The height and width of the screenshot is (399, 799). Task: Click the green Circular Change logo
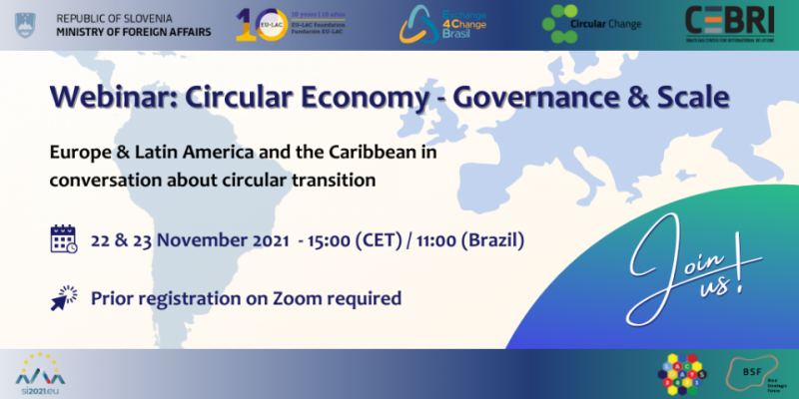click(x=591, y=22)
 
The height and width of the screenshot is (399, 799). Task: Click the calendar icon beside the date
click(x=64, y=239)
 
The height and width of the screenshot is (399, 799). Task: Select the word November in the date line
click(x=194, y=240)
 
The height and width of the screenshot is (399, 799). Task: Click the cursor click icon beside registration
click(x=64, y=296)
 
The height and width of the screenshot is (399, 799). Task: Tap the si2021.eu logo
click(x=37, y=373)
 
